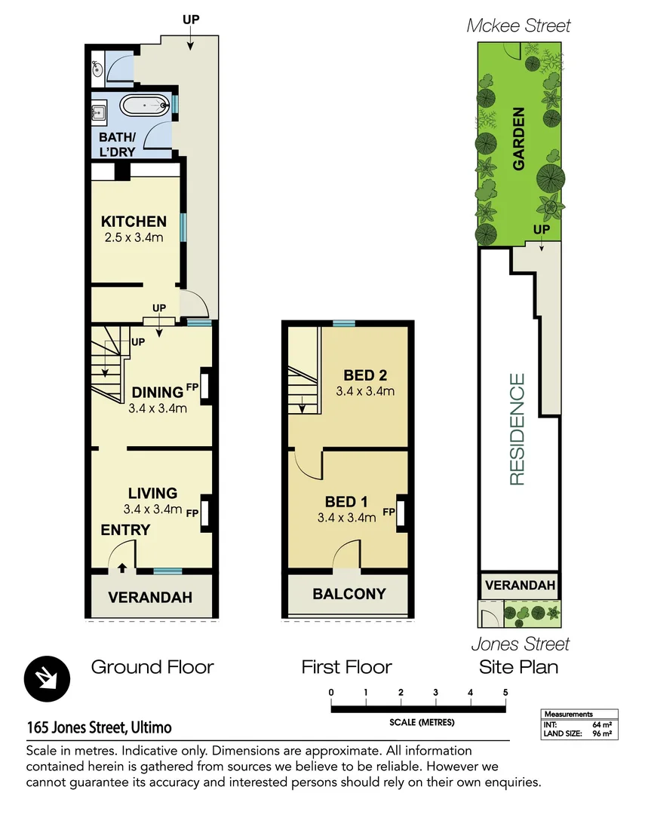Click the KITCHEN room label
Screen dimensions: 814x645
pyautogui.click(x=134, y=222)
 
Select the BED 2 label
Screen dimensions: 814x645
pyautogui.click(x=365, y=375)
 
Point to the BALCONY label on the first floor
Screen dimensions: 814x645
pyautogui.click(x=349, y=594)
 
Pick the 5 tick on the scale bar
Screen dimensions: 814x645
pyautogui.click(x=505, y=693)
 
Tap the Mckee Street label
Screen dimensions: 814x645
pyautogui.click(x=518, y=26)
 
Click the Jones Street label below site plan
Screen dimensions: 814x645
pyautogui.click(x=521, y=644)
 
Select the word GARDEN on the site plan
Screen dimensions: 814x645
pyautogui.click(x=519, y=139)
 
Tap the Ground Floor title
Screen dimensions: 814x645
pyautogui.click(x=152, y=667)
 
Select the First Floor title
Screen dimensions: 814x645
pyautogui.click(x=346, y=667)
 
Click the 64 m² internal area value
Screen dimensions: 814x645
pyautogui.click(x=601, y=724)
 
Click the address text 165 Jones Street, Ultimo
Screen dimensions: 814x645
pyautogui.click(x=99, y=728)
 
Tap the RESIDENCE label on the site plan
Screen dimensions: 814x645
pyautogui.click(x=517, y=429)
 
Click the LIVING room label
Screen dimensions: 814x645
pyautogui.click(x=152, y=493)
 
